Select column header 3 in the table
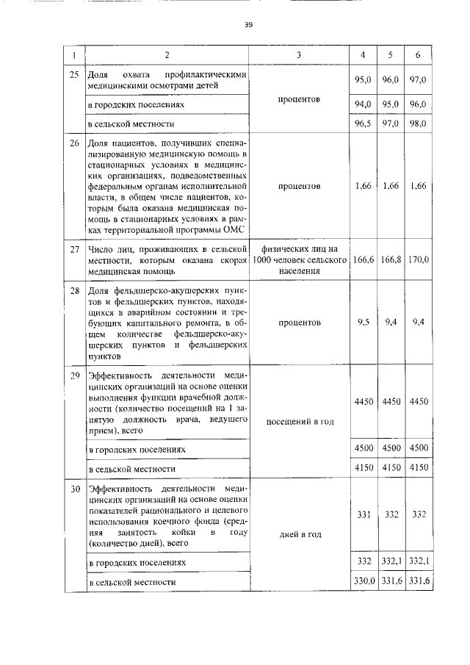(298, 56)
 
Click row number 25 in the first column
(74, 76)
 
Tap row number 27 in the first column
(74, 251)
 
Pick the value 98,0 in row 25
(419, 124)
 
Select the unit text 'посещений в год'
(298, 421)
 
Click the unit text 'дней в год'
(298, 534)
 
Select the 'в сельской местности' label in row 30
(131, 583)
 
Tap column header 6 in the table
(419, 56)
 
